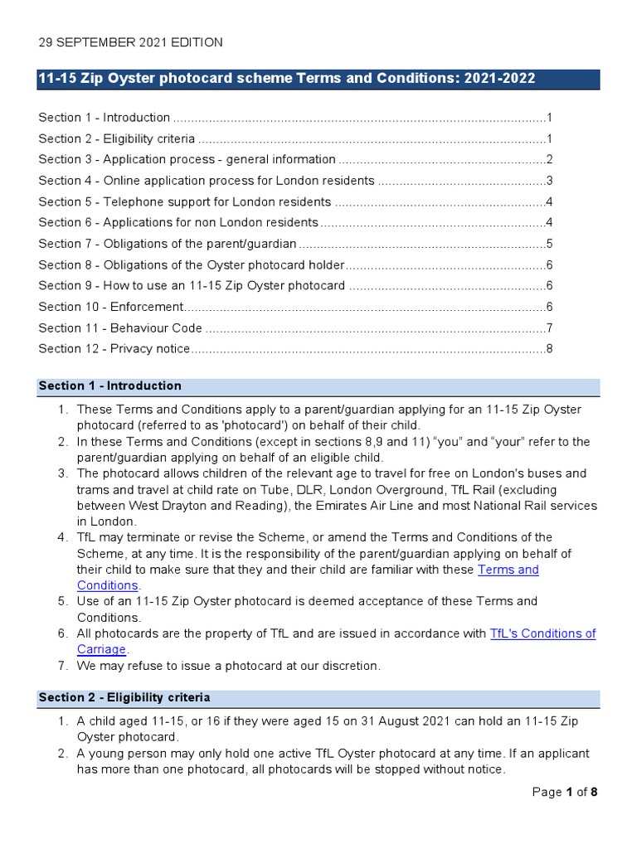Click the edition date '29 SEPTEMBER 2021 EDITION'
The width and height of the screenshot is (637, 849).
[130, 42]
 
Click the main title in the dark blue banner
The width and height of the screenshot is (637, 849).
[287, 79]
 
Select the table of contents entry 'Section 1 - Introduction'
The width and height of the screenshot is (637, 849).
[105, 118]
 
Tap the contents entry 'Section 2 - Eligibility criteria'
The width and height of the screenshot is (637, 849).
[117, 138]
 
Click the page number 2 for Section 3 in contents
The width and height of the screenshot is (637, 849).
[549, 159]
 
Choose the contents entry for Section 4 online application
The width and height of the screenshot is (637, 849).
[207, 181]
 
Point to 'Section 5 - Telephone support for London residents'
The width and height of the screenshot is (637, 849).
[185, 201]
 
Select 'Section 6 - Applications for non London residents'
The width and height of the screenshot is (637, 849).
[178, 222]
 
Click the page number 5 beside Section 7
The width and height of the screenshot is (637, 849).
[549, 244]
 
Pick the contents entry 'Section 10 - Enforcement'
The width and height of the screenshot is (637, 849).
[110, 307]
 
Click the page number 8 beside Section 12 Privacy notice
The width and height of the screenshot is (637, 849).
[549, 349]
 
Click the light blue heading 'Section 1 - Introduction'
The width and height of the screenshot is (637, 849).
[109, 386]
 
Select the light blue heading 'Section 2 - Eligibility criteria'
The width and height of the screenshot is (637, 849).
[124, 697]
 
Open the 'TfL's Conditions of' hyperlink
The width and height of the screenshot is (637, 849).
[542, 633]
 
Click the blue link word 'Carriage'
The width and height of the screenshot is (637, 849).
[101, 649]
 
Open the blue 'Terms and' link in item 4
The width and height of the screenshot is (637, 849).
[508, 570]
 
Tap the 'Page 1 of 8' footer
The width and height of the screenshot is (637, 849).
[564, 792]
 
